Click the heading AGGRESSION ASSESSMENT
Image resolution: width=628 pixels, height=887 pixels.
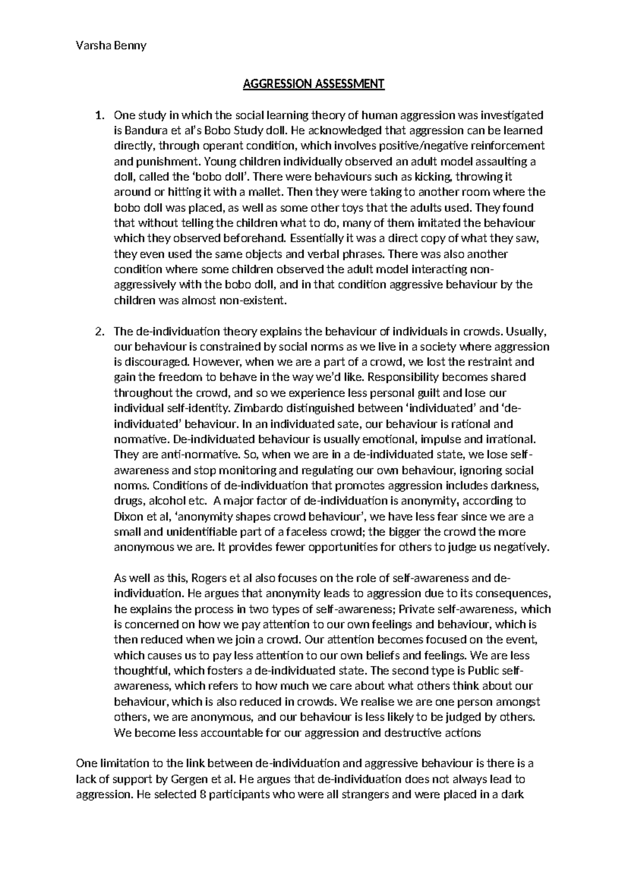(313, 84)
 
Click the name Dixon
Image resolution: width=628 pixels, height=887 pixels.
(128, 517)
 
